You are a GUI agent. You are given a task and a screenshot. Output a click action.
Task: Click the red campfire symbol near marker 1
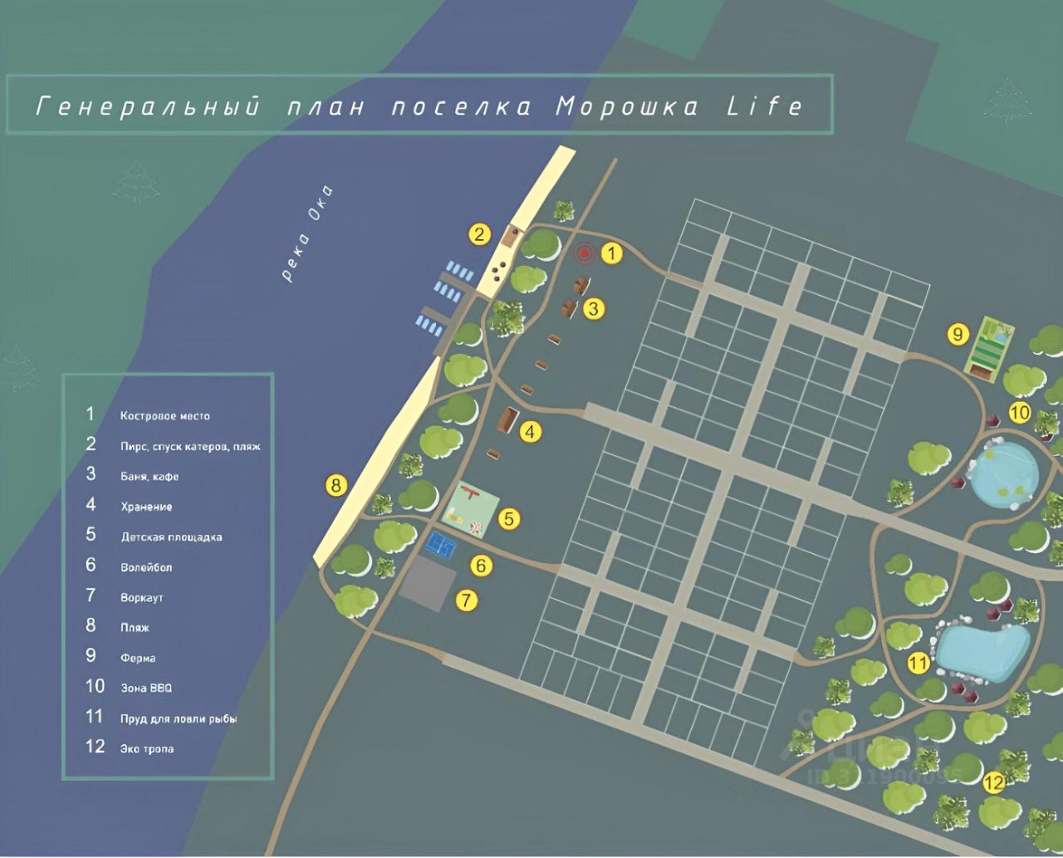point(585,253)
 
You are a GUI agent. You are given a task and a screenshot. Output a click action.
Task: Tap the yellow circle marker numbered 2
point(479,234)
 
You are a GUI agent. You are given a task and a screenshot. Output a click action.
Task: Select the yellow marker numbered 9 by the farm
point(958,334)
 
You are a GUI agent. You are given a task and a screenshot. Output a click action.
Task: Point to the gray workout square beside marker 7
point(428,583)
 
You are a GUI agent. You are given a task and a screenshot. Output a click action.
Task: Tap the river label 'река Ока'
point(306,233)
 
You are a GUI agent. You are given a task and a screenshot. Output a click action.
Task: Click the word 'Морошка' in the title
point(627,107)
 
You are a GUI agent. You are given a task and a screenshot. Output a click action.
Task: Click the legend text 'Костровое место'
point(164,416)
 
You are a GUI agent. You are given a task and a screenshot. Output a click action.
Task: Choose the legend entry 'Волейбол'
point(146,567)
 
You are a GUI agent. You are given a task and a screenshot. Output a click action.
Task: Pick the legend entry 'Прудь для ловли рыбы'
point(179,718)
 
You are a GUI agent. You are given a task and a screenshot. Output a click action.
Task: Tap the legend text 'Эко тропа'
point(147,749)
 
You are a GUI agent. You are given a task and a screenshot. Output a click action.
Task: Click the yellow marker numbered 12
point(993,782)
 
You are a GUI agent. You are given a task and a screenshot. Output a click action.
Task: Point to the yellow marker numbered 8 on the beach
point(336,485)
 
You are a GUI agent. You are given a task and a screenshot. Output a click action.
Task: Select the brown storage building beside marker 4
point(507,419)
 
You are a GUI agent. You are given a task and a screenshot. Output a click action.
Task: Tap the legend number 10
point(95,686)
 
